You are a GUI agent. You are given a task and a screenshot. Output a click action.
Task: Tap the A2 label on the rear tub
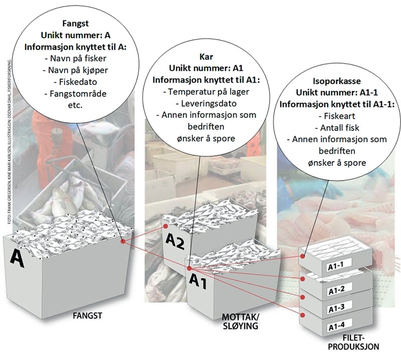175,243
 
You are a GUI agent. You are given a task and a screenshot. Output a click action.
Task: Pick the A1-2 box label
338,291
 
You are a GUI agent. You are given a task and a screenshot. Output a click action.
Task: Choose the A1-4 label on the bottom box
338,327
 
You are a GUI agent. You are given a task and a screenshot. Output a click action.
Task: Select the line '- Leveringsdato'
200,103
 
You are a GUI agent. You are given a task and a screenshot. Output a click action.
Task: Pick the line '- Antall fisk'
337,127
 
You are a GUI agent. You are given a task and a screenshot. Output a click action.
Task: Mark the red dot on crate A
123,242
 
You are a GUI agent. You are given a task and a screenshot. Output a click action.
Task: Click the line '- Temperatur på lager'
200,92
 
